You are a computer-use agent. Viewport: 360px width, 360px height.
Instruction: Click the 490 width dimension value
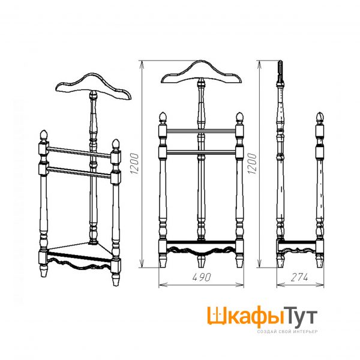(201, 277)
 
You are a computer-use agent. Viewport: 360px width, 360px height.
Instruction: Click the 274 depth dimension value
(299, 277)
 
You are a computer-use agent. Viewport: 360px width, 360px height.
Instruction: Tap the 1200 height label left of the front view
(134, 163)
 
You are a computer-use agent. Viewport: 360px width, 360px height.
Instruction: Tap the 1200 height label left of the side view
(252, 163)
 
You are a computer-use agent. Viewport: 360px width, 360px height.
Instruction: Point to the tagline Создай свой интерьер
(287, 332)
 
